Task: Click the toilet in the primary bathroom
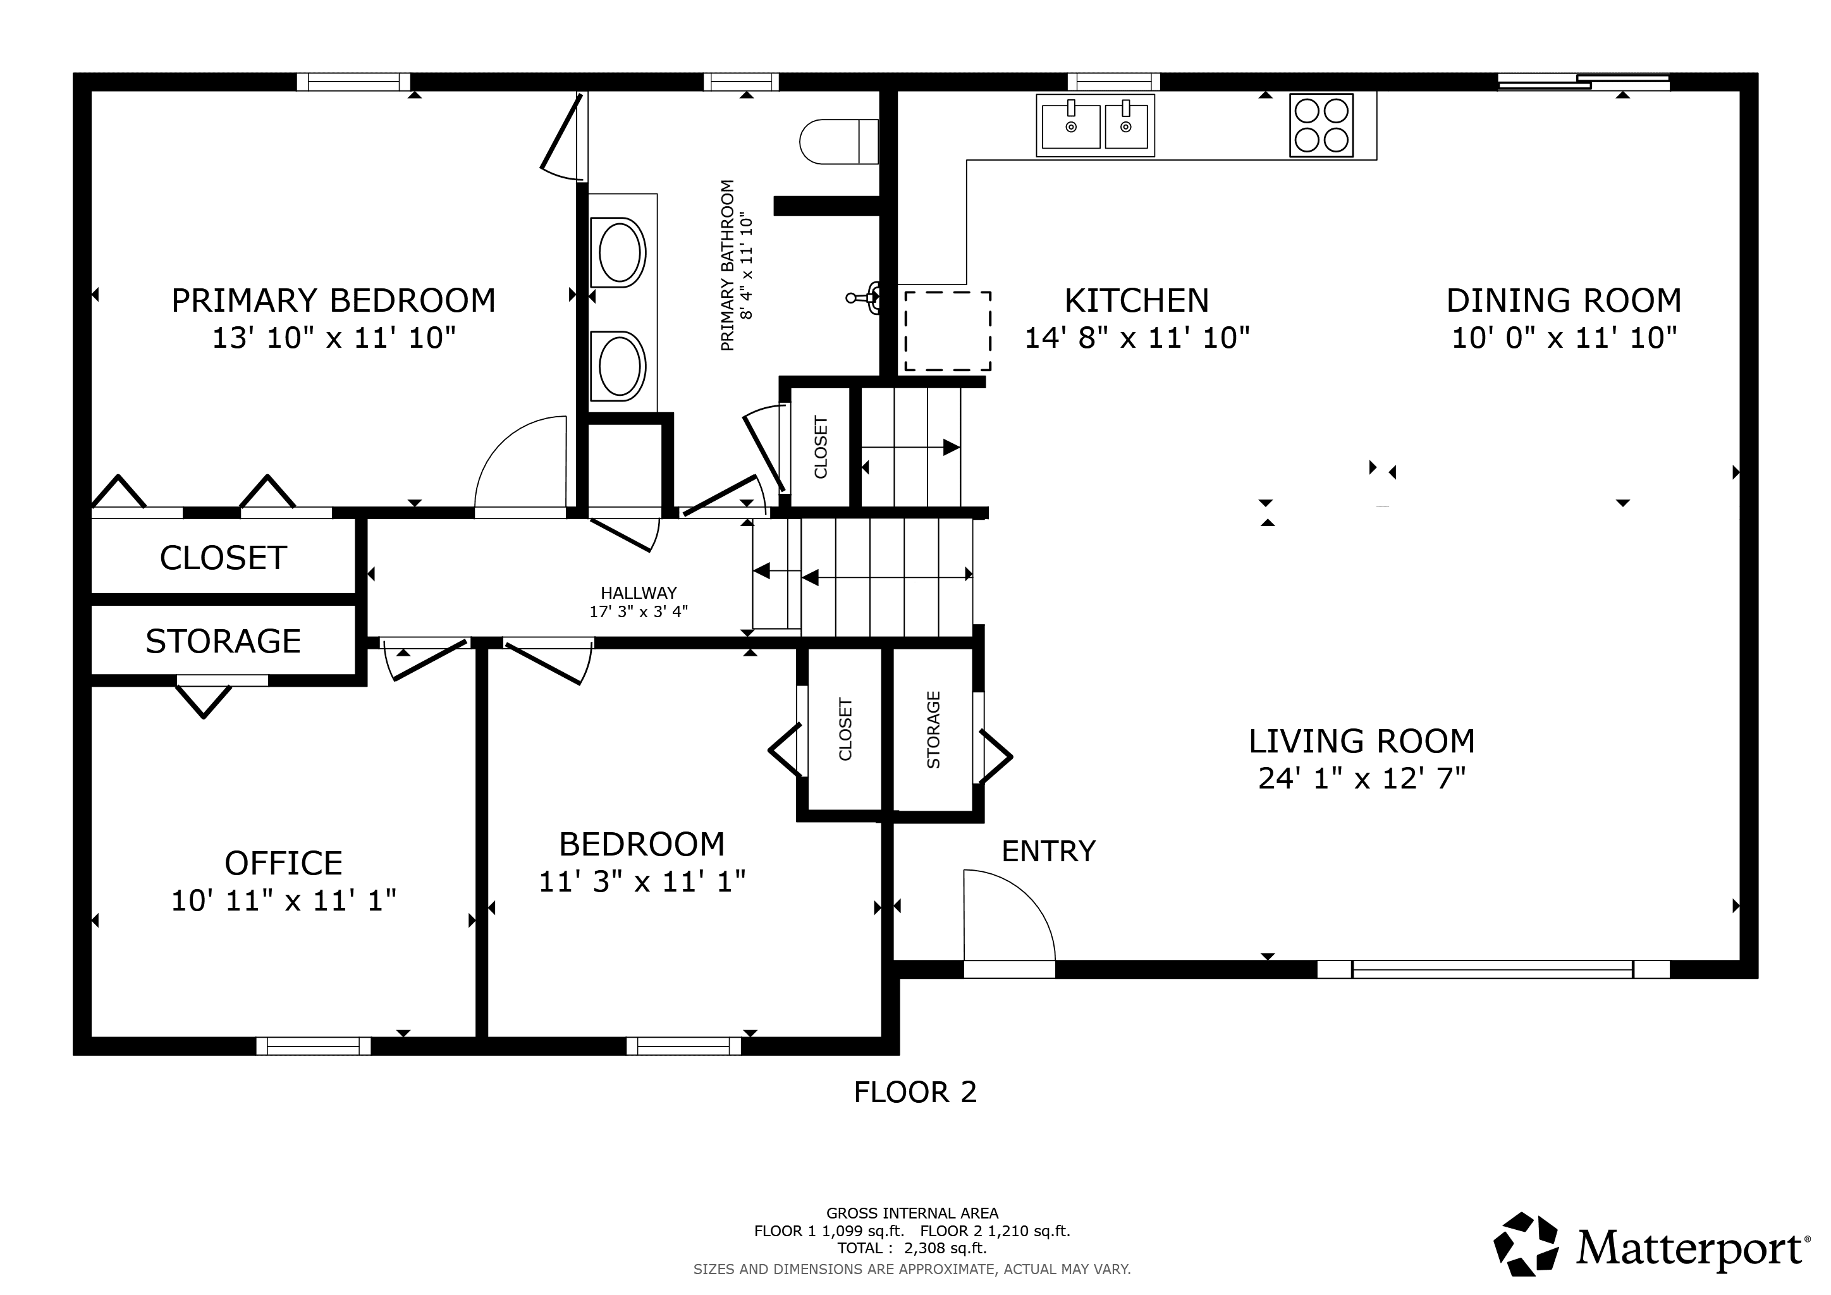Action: point(839,141)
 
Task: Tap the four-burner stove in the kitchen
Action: point(1321,125)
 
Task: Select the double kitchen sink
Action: point(1096,125)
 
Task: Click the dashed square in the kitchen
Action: point(947,331)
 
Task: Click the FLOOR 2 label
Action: point(915,1091)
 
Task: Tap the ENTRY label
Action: point(1049,851)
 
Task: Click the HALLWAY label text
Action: point(639,592)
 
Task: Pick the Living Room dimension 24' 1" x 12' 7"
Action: point(1362,778)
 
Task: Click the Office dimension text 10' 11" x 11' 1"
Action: point(284,900)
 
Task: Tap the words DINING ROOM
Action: point(1564,300)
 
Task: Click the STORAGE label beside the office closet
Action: point(223,641)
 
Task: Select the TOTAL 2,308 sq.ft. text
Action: point(912,1248)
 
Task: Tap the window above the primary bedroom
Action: point(353,82)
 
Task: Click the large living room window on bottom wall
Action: point(1493,969)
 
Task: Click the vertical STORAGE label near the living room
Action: point(934,730)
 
